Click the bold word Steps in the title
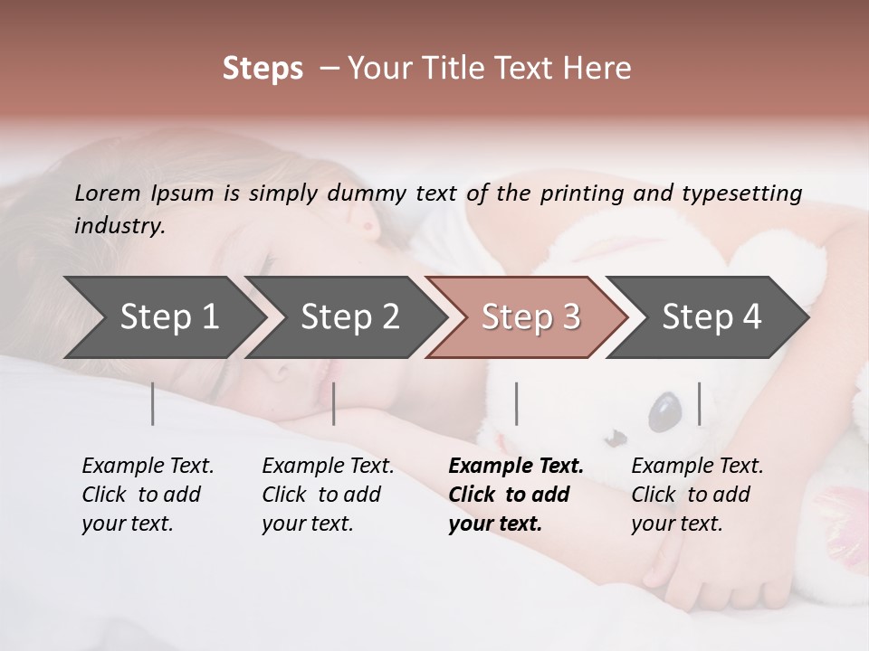click(263, 69)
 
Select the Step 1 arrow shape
click(163, 317)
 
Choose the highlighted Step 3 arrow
click(530, 317)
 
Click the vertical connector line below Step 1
click(153, 403)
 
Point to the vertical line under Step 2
click(334, 403)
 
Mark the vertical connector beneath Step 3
click(516, 403)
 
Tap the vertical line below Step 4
click(700, 403)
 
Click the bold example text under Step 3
click(514, 495)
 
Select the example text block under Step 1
click(148, 495)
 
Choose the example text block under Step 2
click(328, 495)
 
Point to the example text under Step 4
click(696, 495)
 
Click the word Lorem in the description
click(108, 193)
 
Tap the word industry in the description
click(119, 225)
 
